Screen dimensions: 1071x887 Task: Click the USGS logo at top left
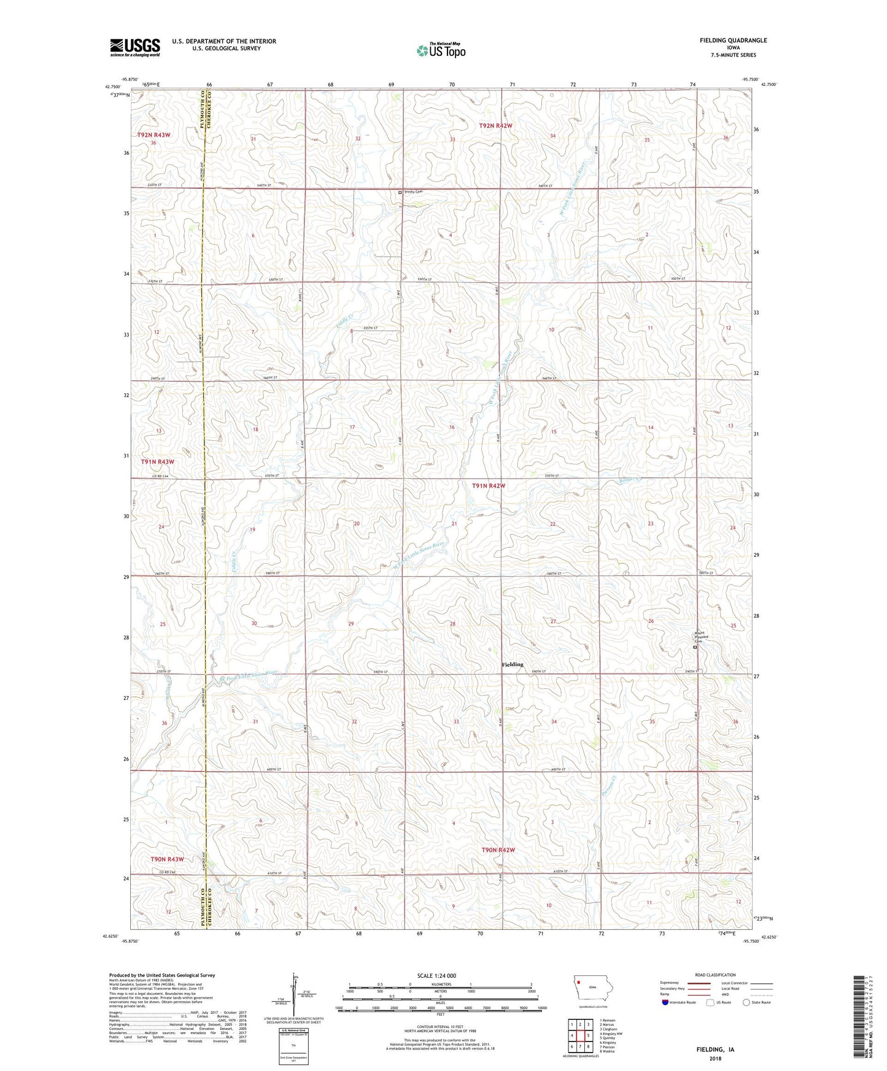pos(134,47)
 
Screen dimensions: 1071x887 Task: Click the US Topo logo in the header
pos(441,50)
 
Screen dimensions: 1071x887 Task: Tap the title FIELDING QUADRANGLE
pos(733,40)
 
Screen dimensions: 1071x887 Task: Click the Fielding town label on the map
pos(513,664)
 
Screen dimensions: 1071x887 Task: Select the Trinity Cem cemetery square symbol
pos(400,192)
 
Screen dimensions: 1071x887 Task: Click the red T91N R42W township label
pos(489,486)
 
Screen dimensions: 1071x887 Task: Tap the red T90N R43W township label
pos(167,859)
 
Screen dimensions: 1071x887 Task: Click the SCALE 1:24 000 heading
pos(436,976)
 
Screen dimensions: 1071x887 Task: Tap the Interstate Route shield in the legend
pos(665,1003)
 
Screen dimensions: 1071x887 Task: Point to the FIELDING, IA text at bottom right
pos(715,1050)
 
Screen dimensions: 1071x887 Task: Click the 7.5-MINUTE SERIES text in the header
pos(733,55)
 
